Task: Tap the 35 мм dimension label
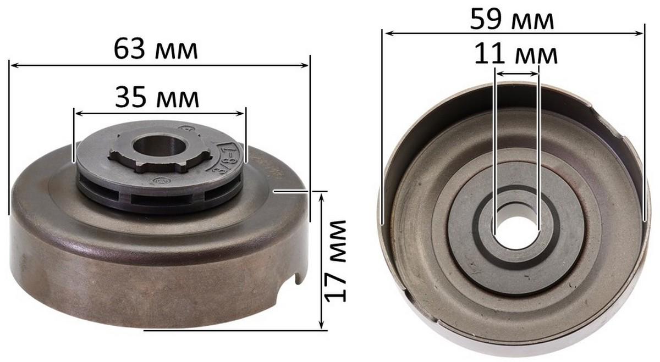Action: click(x=157, y=98)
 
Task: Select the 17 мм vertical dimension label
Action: click(x=335, y=260)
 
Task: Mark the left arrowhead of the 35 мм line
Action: click(x=78, y=114)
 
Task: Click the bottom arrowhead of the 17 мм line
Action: click(x=321, y=326)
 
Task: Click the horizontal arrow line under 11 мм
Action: click(x=516, y=73)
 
